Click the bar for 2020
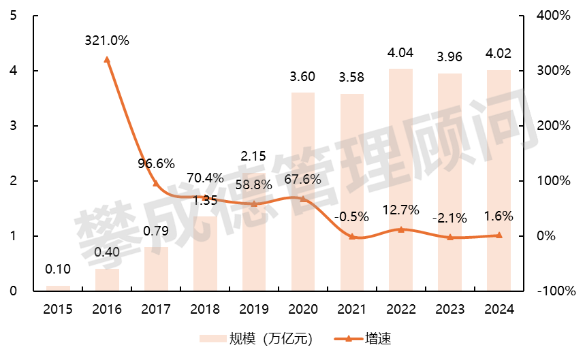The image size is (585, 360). (303, 192)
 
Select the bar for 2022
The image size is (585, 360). (400, 180)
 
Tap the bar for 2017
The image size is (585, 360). (156, 269)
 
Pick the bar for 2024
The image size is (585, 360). (499, 180)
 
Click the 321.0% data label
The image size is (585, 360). (107, 41)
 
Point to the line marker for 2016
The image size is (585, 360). (107, 59)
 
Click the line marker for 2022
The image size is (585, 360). (400, 229)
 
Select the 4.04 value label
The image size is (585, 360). (400, 53)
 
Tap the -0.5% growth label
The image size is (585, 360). (351, 217)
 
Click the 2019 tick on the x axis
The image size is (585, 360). (254, 310)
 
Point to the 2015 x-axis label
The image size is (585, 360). (58, 310)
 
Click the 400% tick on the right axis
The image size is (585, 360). (553, 16)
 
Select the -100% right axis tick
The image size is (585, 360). (552, 291)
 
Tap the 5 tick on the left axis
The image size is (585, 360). (14, 16)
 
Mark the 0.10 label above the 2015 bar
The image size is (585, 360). (58, 269)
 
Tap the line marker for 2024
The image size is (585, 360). (499, 235)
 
